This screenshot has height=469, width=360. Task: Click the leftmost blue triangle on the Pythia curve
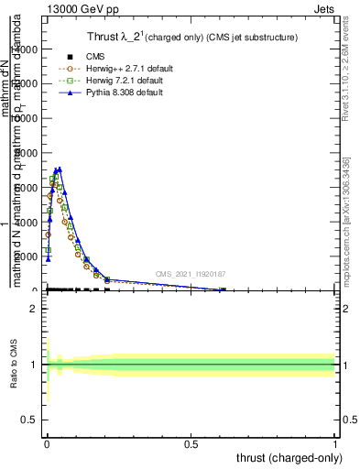[x=48, y=258]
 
